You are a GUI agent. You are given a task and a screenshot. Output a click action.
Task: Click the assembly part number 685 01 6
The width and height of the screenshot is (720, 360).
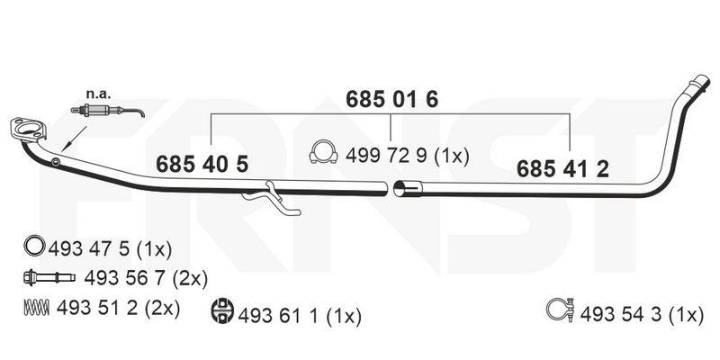click(391, 100)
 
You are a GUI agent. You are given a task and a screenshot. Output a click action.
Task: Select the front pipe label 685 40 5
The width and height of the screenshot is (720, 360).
click(202, 164)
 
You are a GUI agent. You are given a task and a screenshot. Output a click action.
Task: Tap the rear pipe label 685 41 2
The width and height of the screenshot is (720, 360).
click(563, 169)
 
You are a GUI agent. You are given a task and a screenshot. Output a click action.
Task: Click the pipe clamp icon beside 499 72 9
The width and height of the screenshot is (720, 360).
click(323, 152)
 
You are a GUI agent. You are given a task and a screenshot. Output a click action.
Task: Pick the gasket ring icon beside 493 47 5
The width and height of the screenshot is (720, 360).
click(34, 245)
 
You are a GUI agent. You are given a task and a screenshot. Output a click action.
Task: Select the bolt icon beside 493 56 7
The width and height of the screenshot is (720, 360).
click(49, 277)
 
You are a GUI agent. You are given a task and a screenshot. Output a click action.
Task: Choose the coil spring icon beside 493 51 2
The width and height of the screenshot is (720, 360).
click(36, 307)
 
